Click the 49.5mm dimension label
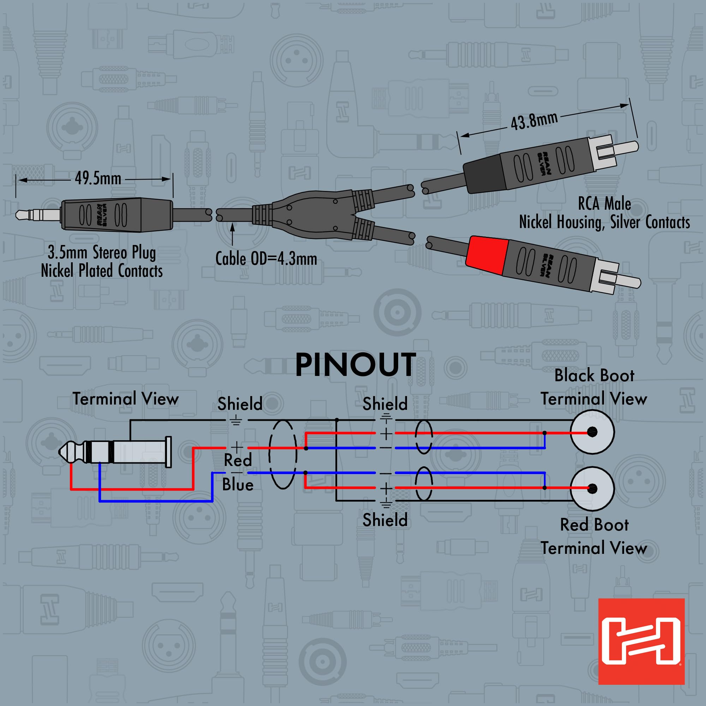point(98,179)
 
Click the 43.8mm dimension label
point(534,121)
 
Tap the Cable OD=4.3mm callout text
point(266,259)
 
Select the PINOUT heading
point(355,365)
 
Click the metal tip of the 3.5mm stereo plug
point(25,215)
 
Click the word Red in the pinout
point(238,460)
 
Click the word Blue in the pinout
point(238,485)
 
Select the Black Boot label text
point(594,376)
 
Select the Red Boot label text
point(594,525)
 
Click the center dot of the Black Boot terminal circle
point(592,432)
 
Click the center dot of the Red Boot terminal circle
point(592,489)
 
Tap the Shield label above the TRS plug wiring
point(240,404)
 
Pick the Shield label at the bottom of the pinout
point(385,520)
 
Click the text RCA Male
point(604,204)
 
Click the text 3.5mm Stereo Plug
point(102,252)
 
